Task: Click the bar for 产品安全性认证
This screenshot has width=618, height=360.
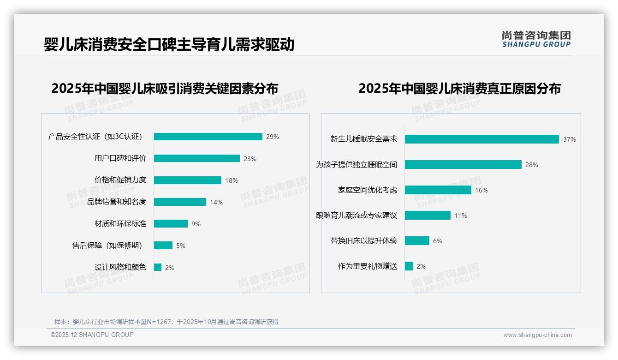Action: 208,137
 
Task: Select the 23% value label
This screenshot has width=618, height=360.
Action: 250,159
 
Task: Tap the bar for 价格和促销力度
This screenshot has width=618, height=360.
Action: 188,180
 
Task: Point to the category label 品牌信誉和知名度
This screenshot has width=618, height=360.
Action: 117,202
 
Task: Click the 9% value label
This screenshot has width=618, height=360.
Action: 196,224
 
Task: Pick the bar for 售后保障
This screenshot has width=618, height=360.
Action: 163,246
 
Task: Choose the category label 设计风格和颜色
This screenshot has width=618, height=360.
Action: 120,267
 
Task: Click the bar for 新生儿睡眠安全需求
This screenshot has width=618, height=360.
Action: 482,139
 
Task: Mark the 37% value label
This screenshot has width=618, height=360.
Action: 570,139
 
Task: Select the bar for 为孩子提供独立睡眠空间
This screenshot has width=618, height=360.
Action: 463,165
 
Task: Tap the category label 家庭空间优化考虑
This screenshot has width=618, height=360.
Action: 368,190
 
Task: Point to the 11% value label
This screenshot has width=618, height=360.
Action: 461,216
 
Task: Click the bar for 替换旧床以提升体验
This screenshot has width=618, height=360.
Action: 417,241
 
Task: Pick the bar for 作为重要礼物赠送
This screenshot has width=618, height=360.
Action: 409,266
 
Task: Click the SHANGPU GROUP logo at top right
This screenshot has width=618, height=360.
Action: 536,39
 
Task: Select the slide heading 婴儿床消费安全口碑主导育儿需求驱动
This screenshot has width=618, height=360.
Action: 169,44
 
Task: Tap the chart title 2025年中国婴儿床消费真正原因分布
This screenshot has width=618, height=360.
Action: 459,89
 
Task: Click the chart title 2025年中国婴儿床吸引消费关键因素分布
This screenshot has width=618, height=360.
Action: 165,89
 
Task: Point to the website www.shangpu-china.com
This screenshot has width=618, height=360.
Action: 537,335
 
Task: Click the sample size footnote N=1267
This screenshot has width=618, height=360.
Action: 166,322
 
